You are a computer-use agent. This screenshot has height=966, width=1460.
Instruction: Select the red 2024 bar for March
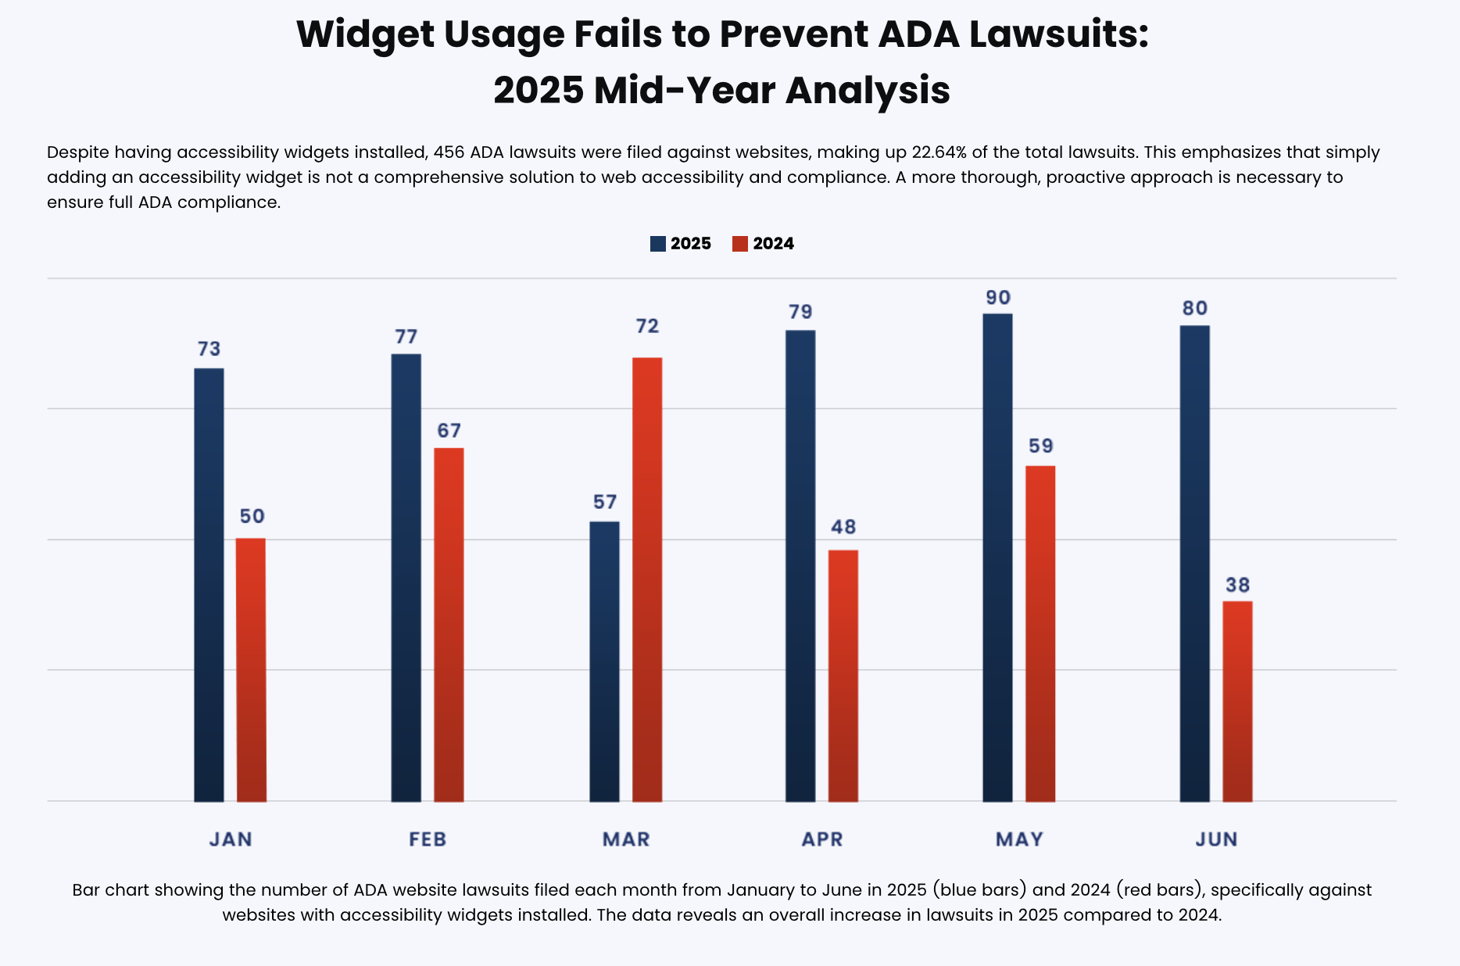point(647,579)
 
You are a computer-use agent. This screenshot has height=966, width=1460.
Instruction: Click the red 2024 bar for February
point(449,624)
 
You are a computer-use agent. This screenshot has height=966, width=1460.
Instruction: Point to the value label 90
point(998,298)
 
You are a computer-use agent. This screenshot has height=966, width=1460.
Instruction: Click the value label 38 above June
point(1237,585)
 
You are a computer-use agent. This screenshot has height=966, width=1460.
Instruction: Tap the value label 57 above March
point(605,502)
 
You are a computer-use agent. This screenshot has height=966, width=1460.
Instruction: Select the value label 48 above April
point(843,527)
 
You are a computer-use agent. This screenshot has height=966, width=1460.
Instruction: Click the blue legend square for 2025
point(658,244)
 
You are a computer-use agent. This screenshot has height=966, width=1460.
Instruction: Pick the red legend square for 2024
point(740,244)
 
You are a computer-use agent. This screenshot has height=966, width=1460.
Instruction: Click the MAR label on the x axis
point(626,839)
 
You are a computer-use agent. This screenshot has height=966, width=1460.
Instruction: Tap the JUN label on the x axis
point(1216,839)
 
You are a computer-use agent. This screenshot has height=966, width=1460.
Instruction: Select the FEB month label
point(428,839)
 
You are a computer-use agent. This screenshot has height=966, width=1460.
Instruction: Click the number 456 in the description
point(449,152)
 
